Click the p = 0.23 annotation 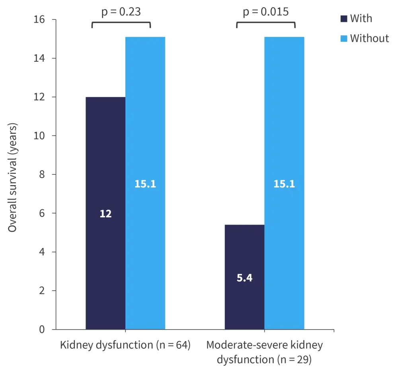tap(121, 12)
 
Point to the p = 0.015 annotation tap(266, 12)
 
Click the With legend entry tap(361, 18)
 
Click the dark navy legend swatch tap(344, 19)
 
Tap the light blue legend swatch tap(344, 39)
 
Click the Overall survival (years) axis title tap(13, 175)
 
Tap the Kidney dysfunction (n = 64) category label tap(125, 345)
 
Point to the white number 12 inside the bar tap(105, 214)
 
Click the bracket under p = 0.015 tap(266, 23)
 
